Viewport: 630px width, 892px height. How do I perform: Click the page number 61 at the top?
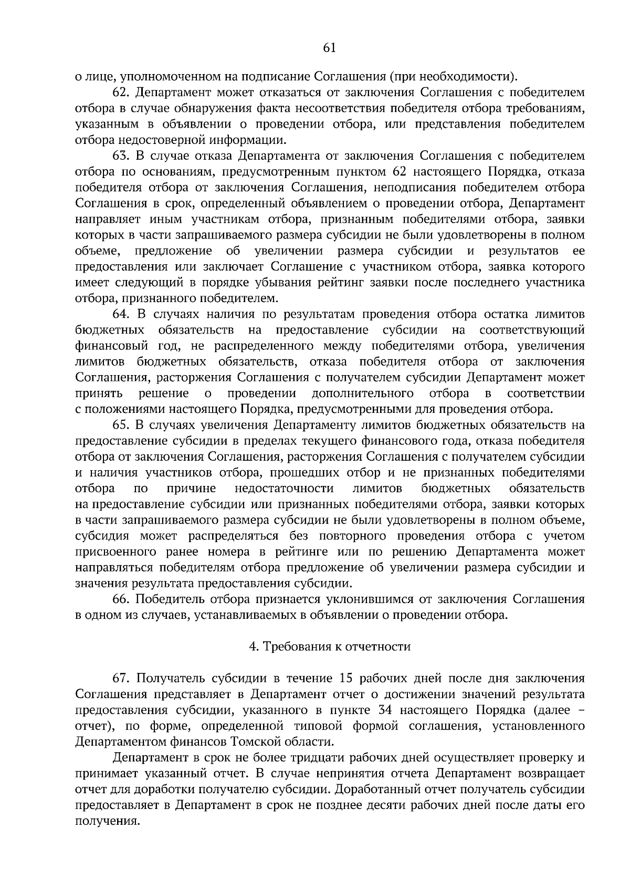(x=329, y=48)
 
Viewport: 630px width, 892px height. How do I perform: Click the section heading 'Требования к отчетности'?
(x=336, y=647)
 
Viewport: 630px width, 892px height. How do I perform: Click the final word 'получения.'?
(x=108, y=821)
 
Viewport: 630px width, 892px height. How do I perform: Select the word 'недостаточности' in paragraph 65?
(x=284, y=488)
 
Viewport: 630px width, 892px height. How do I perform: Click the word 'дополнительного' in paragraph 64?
(x=362, y=393)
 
